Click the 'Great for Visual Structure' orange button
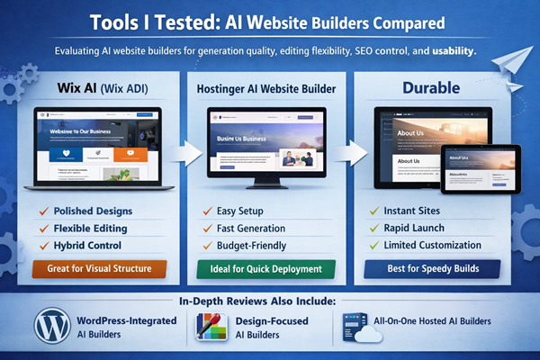99,267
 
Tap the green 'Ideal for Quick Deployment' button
265,268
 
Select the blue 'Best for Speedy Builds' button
435,268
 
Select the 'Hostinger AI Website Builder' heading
266,90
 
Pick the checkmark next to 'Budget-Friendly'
208,244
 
